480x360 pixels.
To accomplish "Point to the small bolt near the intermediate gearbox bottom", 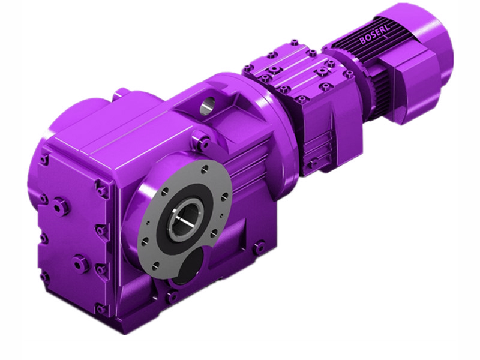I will point(313,163).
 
